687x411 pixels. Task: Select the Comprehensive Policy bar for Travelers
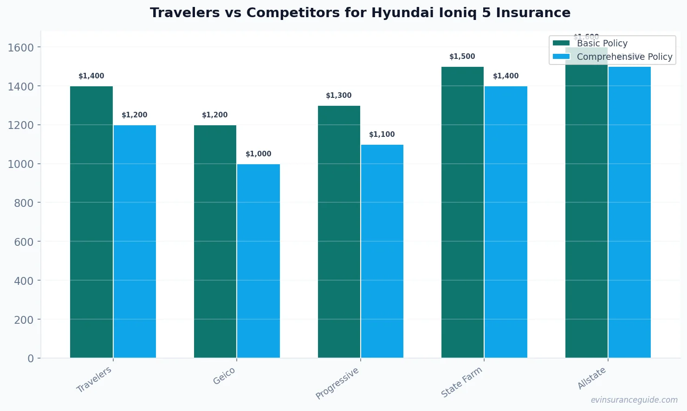[135, 241]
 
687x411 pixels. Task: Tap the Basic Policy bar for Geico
[215, 241]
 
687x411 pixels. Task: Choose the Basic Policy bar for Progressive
[339, 231]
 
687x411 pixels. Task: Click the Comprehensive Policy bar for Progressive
[382, 251]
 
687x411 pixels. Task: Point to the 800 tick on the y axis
[20, 203]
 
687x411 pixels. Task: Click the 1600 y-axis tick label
[20, 47]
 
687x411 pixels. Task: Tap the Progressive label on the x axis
[337, 383]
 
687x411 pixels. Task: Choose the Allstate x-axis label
[592, 378]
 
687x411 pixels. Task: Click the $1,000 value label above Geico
[259, 154]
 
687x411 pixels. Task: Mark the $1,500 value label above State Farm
[462, 57]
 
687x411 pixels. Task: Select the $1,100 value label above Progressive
[382, 135]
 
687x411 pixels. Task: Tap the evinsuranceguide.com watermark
[634, 400]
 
